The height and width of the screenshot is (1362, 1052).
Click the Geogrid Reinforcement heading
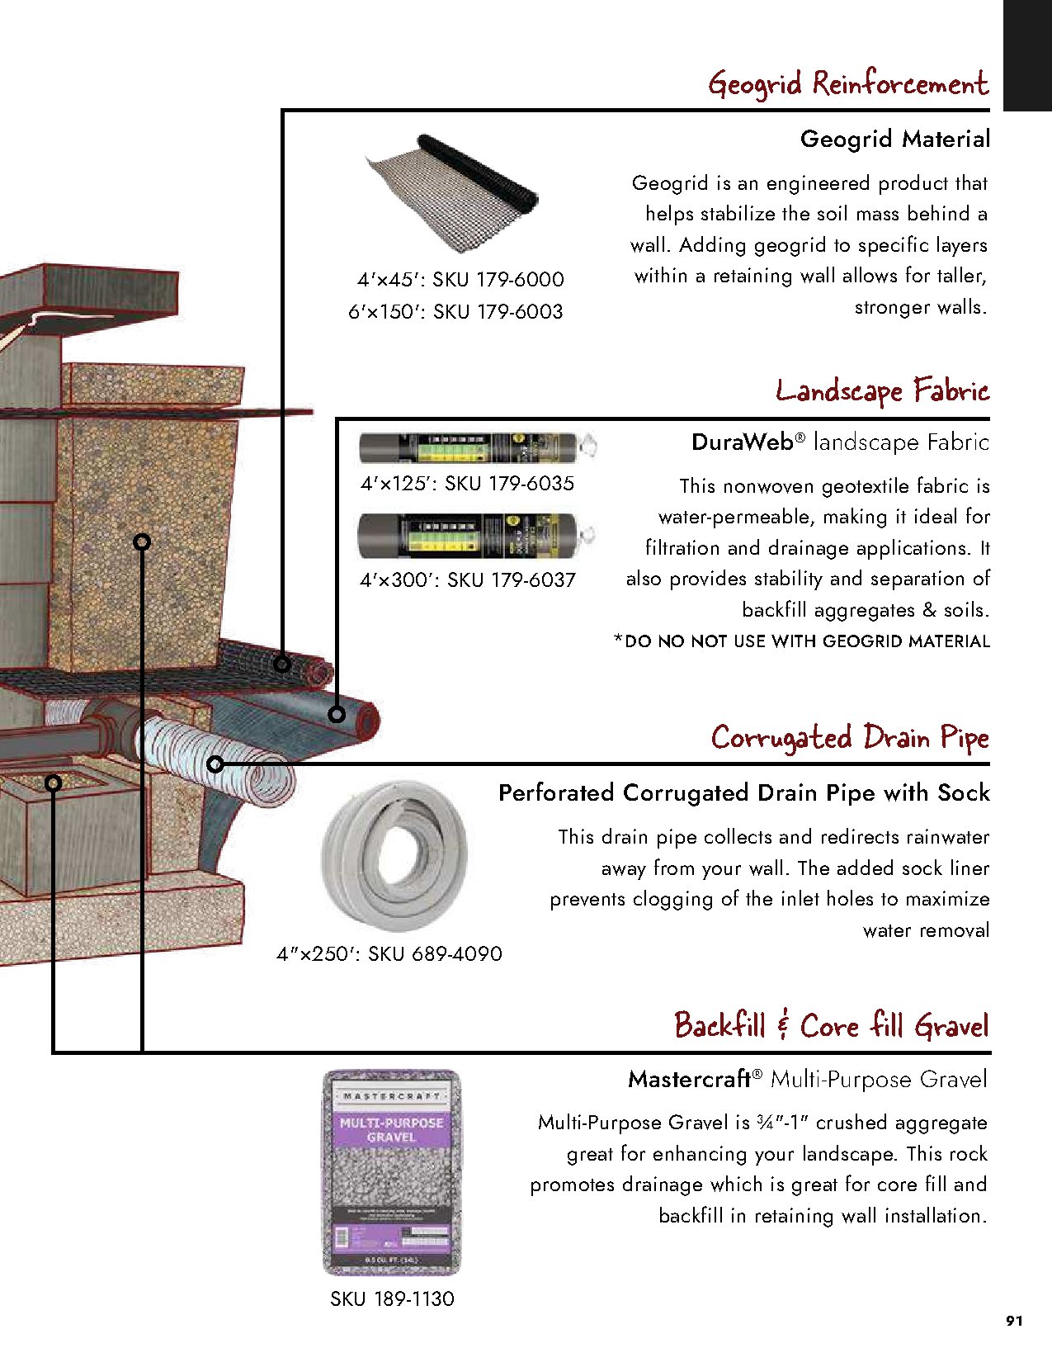tap(847, 84)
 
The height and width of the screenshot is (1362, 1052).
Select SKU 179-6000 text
tap(498, 280)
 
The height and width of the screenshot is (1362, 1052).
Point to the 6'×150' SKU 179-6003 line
tap(455, 312)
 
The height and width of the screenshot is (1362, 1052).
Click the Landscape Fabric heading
tap(882, 390)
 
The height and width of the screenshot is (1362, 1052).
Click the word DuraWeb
tap(742, 442)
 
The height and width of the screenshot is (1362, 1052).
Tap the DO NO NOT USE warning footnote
tap(801, 641)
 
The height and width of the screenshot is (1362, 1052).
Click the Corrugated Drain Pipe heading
tap(850, 737)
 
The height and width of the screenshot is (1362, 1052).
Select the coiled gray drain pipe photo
tap(394, 855)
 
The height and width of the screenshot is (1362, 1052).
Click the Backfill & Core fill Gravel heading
tap(831, 1026)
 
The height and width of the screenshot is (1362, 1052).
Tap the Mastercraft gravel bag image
tap(391, 1172)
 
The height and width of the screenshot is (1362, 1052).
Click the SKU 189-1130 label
tap(392, 1299)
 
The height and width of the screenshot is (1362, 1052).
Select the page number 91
tap(1014, 1321)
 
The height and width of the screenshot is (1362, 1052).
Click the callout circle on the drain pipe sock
tap(215, 764)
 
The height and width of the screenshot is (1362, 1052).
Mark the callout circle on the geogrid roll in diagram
tap(282, 664)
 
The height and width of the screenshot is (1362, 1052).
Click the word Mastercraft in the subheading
tap(689, 1079)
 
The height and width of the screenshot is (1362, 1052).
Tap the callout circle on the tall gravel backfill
tap(142, 541)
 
